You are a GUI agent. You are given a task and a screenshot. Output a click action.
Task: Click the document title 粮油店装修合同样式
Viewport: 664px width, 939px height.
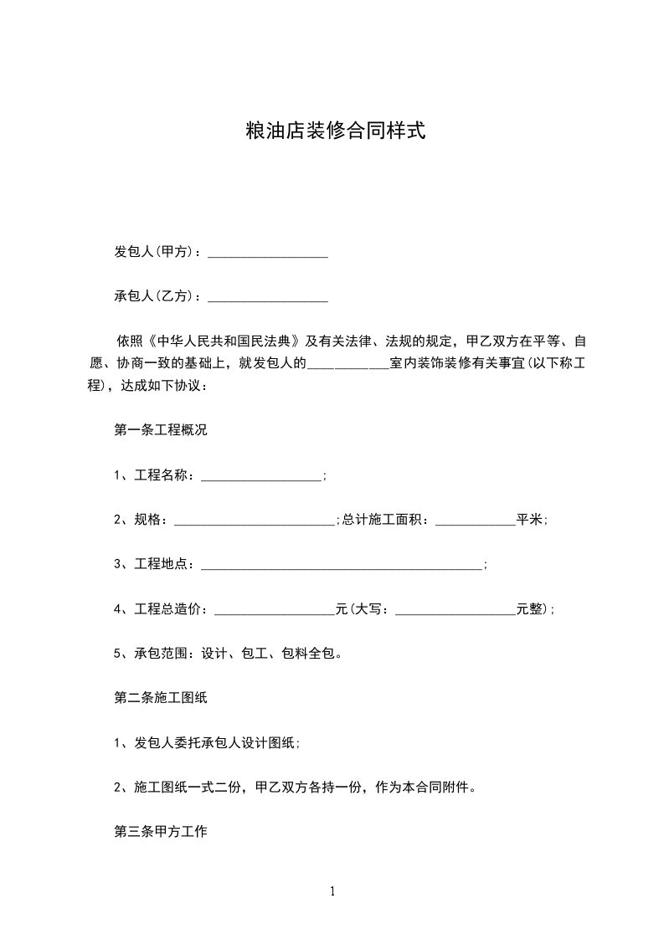tap(332, 131)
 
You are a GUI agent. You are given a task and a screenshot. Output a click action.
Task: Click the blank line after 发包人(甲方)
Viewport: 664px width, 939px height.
tap(267, 253)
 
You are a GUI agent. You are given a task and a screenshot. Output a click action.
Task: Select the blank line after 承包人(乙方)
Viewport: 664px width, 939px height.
tap(267, 297)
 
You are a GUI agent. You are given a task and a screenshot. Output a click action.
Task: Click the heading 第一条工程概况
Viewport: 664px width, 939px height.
tap(160, 431)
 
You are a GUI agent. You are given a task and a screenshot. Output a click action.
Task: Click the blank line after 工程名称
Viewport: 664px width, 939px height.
tap(261, 476)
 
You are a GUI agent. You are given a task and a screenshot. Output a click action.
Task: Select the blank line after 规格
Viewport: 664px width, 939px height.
tap(255, 521)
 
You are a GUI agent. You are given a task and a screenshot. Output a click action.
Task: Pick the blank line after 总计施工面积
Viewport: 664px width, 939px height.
tap(475, 521)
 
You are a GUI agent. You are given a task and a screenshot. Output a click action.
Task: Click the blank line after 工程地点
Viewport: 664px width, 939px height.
tap(342, 566)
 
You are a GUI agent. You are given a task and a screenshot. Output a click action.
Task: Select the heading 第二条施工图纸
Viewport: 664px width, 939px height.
tap(160, 699)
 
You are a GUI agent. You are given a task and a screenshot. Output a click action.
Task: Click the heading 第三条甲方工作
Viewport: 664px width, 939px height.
tap(160, 833)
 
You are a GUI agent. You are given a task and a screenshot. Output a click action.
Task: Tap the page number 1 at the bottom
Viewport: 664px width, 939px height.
tap(332, 891)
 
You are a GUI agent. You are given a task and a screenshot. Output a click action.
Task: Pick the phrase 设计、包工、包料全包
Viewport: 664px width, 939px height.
tap(270, 654)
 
